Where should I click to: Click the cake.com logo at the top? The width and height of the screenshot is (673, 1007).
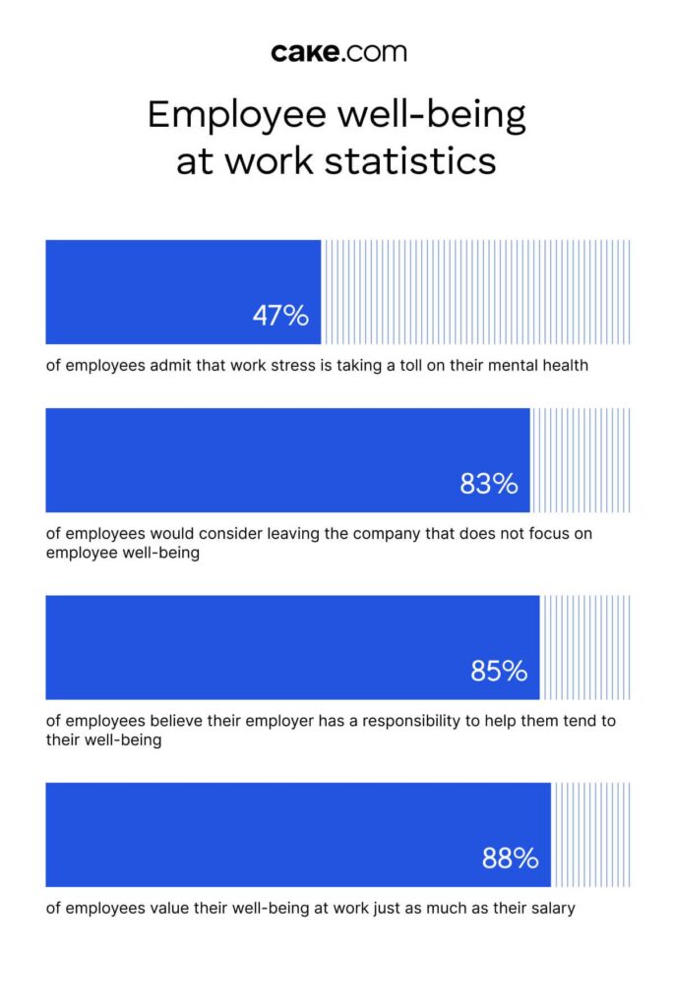click(336, 52)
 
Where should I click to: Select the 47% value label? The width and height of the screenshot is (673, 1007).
click(280, 316)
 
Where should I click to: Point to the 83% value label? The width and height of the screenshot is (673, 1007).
click(489, 484)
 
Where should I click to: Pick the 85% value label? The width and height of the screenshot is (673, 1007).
click(499, 671)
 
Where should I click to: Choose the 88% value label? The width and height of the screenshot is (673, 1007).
click(510, 858)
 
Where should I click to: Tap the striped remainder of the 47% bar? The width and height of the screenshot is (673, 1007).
click(476, 292)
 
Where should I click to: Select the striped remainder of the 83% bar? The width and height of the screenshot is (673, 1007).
click(581, 460)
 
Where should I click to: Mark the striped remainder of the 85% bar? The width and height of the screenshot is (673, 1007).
click(585, 647)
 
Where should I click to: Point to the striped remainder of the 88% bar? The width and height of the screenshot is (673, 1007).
click(590, 834)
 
